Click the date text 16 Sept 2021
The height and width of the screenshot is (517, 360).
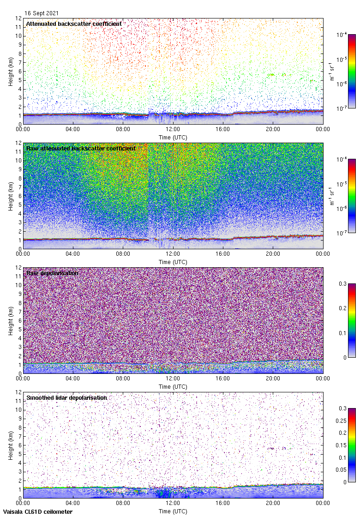tap(42, 13)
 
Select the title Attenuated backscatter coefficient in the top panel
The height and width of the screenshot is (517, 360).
tap(74, 24)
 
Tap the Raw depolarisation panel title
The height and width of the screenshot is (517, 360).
tap(52, 273)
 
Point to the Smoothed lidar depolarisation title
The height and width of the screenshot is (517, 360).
tap(67, 397)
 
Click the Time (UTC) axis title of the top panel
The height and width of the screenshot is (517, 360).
tap(173, 138)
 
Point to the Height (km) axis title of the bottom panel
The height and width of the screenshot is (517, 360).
tap(10, 445)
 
